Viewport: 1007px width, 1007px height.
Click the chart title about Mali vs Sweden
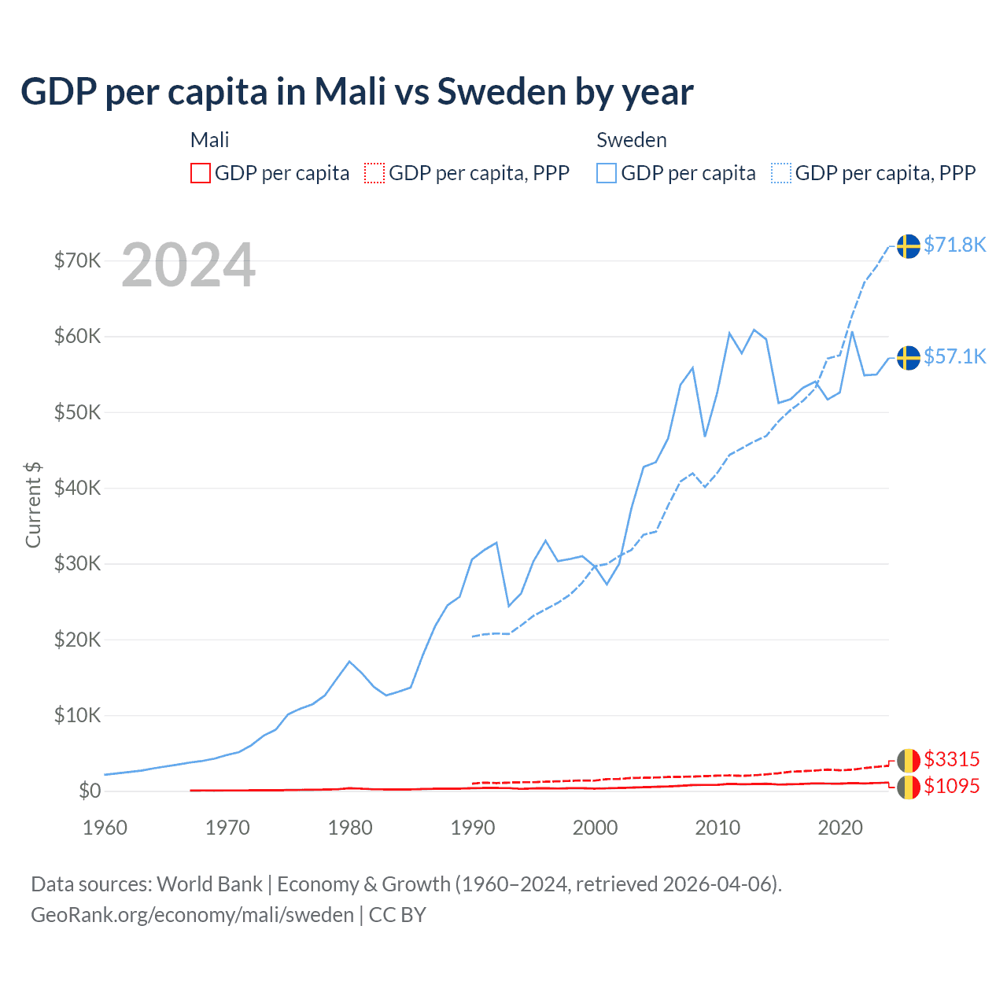tap(356, 91)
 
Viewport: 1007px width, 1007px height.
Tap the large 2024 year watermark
tap(188, 265)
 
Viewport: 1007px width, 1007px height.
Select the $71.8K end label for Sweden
tap(954, 245)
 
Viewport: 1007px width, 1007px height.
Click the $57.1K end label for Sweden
tap(954, 356)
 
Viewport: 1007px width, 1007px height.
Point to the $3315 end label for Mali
tap(951, 759)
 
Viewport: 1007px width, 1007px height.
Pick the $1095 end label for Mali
tap(951, 786)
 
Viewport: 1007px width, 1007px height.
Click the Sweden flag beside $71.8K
tap(909, 246)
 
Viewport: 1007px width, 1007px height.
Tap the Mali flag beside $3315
tap(909, 761)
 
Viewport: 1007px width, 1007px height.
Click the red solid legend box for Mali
tap(201, 173)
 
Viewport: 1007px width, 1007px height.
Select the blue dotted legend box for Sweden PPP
tap(781, 173)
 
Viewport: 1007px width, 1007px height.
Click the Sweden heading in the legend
tap(631, 140)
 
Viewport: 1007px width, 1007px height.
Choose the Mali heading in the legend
tap(209, 140)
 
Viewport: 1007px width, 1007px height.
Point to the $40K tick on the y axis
tap(77, 488)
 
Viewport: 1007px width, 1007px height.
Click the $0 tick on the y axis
tap(90, 791)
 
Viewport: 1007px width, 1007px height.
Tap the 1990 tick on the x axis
tap(472, 828)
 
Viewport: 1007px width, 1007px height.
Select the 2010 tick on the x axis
tap(717, 828)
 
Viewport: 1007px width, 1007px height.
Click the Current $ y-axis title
tap(33, 504)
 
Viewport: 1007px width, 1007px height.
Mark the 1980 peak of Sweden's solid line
tap(349, 662)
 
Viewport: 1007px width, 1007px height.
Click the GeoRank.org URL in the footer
tap(192, 915)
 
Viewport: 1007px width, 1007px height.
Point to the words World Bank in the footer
tap(209, 884)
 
